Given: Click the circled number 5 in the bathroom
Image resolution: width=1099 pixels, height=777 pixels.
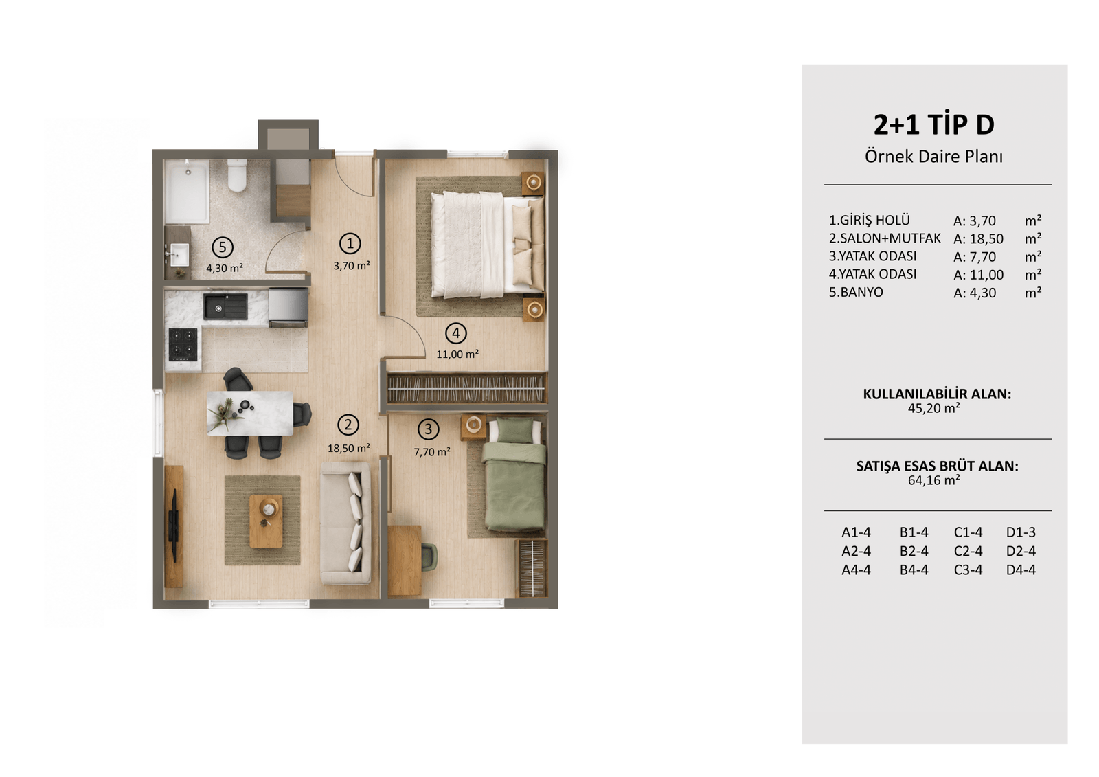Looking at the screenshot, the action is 223,247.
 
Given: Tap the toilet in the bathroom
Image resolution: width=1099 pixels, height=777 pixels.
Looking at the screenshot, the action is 237,175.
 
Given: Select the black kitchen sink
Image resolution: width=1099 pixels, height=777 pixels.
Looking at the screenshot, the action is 225,306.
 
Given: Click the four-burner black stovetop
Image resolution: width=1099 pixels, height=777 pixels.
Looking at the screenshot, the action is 183,344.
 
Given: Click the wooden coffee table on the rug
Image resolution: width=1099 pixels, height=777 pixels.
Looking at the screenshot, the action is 266,521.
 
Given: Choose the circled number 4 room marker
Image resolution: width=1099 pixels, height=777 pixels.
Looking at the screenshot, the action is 456,333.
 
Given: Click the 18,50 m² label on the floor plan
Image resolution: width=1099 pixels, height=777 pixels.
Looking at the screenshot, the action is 349,448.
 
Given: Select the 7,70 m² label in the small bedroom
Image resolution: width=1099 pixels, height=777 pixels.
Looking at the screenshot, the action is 432,451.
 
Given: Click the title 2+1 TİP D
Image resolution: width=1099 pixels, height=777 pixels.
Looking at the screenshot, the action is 933,124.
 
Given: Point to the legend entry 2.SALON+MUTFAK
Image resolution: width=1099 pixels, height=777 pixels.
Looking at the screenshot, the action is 885,238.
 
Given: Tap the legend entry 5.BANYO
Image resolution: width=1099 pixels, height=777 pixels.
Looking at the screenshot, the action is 856,293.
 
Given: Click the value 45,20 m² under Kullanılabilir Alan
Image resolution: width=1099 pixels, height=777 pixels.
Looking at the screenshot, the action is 933,408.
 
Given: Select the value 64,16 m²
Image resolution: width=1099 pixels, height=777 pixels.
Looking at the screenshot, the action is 933,480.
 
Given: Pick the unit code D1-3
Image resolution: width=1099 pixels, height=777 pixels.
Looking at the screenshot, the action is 1021,532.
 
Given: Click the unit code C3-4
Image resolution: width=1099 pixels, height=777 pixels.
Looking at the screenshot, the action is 968,570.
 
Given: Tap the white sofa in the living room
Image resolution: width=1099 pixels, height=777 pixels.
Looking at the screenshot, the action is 346,523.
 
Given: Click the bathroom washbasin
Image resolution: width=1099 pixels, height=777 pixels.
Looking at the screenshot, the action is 179,254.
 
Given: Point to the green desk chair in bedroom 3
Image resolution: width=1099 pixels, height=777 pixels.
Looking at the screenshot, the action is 429,557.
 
